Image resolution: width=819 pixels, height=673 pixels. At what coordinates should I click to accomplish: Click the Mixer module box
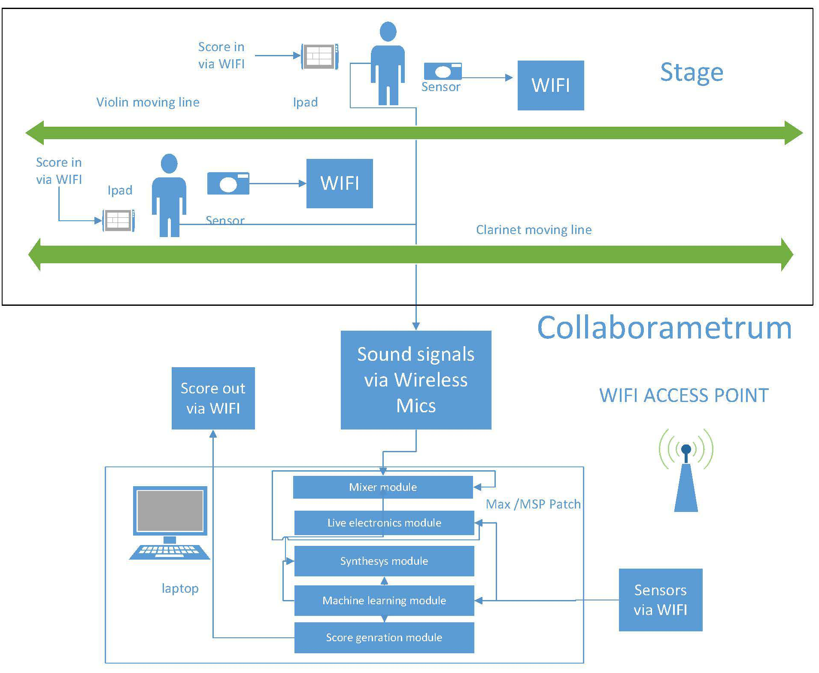[x=382, y=487]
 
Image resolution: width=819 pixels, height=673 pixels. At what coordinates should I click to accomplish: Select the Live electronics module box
[x=384, y=523]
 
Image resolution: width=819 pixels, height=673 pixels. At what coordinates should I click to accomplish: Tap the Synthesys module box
[x=384, y=561]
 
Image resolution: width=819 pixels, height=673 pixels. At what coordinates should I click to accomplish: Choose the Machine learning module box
[x=384, y=600]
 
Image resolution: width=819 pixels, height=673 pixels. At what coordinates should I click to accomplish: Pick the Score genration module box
[x=384, y=637]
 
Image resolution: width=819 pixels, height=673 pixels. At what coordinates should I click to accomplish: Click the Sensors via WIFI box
[x=660, y=600]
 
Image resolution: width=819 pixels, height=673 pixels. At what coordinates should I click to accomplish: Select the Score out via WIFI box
[x=213, y=398]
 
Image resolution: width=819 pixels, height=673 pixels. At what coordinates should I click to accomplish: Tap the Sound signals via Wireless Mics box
[x=416, y=380]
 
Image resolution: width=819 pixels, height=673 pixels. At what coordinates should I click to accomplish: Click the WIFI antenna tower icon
[x=686, y=472]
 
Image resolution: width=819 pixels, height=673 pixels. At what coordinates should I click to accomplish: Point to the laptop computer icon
[x=170, y=522]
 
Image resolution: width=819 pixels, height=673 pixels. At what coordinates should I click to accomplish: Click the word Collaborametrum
[x=664, y=328]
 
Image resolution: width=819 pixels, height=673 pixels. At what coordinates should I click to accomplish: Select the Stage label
[x=691, y=72]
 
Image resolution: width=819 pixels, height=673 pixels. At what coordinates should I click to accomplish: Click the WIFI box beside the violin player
[x=550, y=85]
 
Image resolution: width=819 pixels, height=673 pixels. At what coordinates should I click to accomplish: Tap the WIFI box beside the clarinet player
[x=339, y=183]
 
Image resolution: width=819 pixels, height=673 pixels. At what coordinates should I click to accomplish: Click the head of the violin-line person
[x=388, y=31]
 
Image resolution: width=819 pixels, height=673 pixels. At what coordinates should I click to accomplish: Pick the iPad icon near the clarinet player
[x=118, y=220]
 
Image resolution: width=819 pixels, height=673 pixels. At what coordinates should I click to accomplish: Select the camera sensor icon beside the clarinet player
[x=228, y=183]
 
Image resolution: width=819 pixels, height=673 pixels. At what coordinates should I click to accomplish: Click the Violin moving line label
[x=148, y=102]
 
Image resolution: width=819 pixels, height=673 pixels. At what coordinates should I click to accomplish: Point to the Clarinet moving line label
[x=534, y=230]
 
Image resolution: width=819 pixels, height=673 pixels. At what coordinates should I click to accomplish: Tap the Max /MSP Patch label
[x=533, y=504]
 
